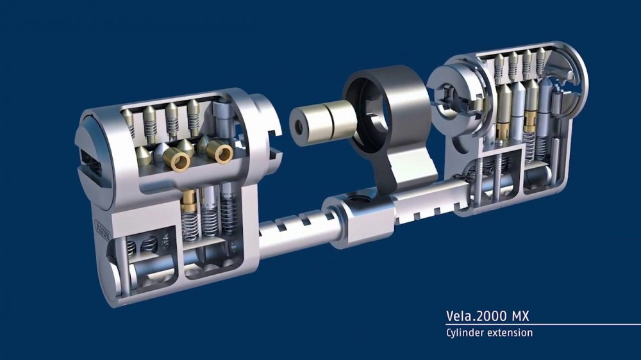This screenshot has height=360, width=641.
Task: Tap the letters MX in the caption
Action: (x=520, y=316)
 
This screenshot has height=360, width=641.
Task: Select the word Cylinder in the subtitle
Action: (x=464, y=332)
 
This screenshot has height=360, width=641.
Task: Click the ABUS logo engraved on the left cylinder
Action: (x=103, y=231)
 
